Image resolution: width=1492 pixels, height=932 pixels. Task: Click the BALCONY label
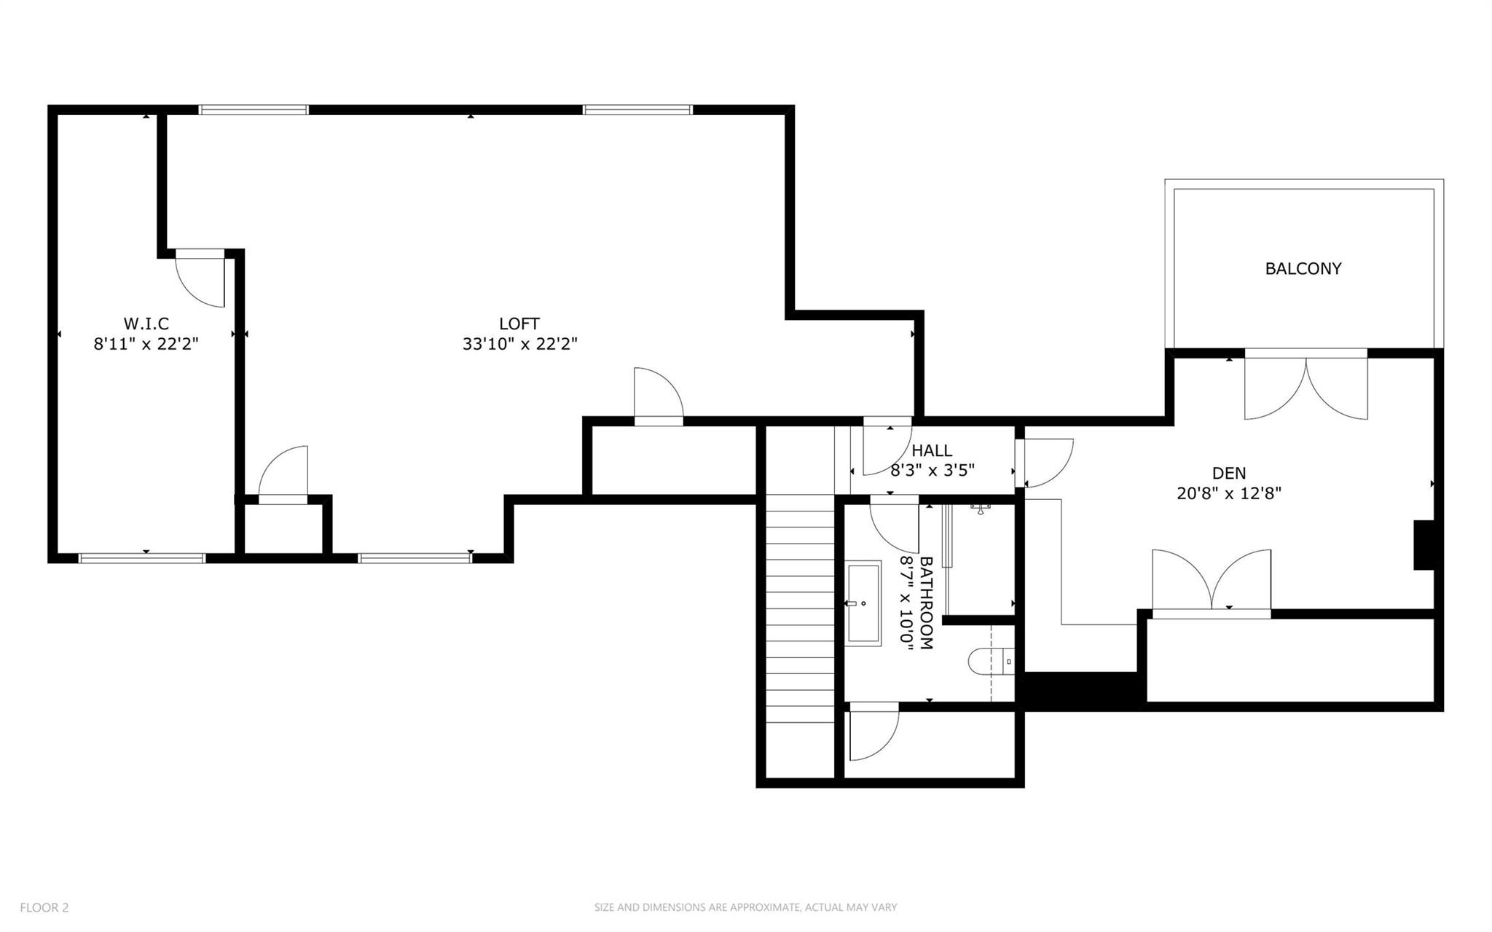(x=1303, y=268)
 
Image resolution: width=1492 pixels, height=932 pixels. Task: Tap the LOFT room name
(x=519, y=324)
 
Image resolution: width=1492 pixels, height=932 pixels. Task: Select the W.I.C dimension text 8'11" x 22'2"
(x=146, y=344)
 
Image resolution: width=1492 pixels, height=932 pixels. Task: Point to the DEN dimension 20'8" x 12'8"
(x=1229, y=493)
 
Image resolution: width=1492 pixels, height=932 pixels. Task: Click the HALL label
(x=931, y=451)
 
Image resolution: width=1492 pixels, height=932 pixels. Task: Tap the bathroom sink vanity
(x=864, y=603)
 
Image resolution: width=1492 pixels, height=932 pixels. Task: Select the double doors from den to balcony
(x=1305, y=386)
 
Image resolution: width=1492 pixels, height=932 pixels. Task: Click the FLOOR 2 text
(x=44, y=907)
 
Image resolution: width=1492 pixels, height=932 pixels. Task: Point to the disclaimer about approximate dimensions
(x=745, y=907)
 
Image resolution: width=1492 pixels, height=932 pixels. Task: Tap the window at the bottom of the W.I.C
(x=142, y=558)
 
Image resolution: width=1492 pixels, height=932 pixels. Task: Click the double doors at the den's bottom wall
(x=1211, y=583)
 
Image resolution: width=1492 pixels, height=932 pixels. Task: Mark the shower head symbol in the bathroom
(x=981, y=508)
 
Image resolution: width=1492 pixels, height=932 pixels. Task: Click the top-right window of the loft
(x=637, y=110)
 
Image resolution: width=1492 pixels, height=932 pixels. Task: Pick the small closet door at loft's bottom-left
(x=283, y=474)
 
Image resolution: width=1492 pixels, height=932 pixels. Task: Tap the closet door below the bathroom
(x=873, y=732)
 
